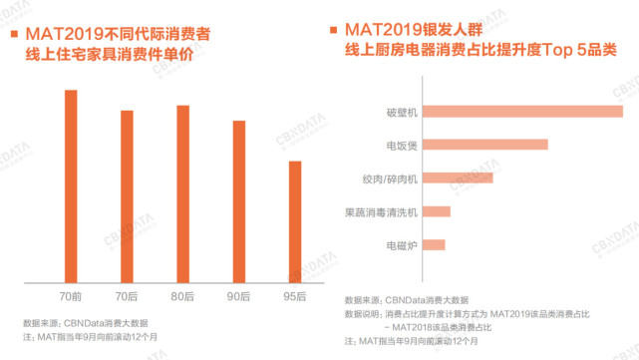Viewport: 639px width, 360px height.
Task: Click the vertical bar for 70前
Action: (x=71, y=186)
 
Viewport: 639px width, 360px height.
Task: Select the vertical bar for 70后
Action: (x=127, y=196)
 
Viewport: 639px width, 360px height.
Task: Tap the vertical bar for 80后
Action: (x=182, y=194)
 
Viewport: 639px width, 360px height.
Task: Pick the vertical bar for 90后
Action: (x=238, y=201)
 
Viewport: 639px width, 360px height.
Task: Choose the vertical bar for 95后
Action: (x=294, y=221)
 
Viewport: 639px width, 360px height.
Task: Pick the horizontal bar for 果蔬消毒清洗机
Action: (x=437, y=211)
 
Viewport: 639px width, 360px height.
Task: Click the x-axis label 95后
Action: (x=294, y=297)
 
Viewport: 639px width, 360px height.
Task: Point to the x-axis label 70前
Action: (x=71, y=297)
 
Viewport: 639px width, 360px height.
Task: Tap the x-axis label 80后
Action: (x=182, y=297)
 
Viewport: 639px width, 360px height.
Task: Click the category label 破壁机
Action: (x=402, y=112)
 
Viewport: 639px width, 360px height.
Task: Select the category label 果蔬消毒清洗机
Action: (x=381, y=211)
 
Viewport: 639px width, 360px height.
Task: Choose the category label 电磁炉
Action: (x=402, y=244)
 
